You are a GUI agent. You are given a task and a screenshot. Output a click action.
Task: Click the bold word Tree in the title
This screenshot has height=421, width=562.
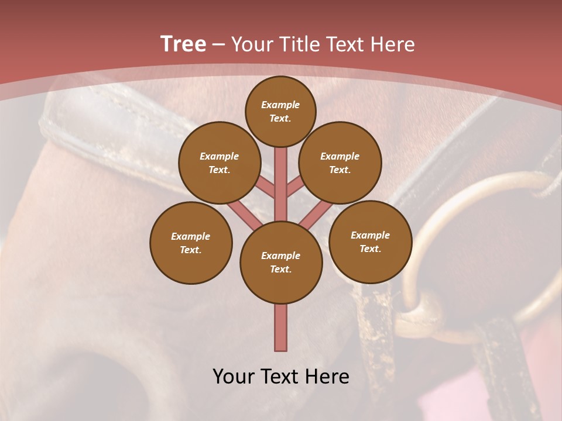click(183, 44)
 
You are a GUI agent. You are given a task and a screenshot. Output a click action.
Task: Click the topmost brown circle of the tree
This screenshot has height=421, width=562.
click(280, 111)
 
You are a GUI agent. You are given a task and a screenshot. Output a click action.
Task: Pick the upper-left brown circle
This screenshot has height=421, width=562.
click(220, 163)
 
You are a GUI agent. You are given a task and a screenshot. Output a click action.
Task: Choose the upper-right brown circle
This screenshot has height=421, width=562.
click(340, 163)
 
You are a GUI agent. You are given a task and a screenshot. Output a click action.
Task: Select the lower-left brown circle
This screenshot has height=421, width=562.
click(191, 243)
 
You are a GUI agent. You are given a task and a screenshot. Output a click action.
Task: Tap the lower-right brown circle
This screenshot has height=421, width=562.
click(370, 241)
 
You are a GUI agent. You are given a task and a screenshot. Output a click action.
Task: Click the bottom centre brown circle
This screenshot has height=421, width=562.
click(281, 262)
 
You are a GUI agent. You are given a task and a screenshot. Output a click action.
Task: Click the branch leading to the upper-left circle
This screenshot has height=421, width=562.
click(266, 188)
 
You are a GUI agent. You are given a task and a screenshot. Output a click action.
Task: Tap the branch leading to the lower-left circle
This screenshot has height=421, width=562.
click(241, 214)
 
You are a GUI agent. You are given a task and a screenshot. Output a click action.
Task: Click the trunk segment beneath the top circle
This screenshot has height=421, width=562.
click(281, 175)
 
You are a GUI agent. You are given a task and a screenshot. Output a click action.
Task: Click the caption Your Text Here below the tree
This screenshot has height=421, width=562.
click(281, 377)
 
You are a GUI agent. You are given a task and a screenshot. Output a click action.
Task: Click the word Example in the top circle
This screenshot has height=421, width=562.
click(280, 105)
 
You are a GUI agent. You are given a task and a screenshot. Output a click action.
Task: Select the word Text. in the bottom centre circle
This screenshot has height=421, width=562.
click(280, 269)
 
